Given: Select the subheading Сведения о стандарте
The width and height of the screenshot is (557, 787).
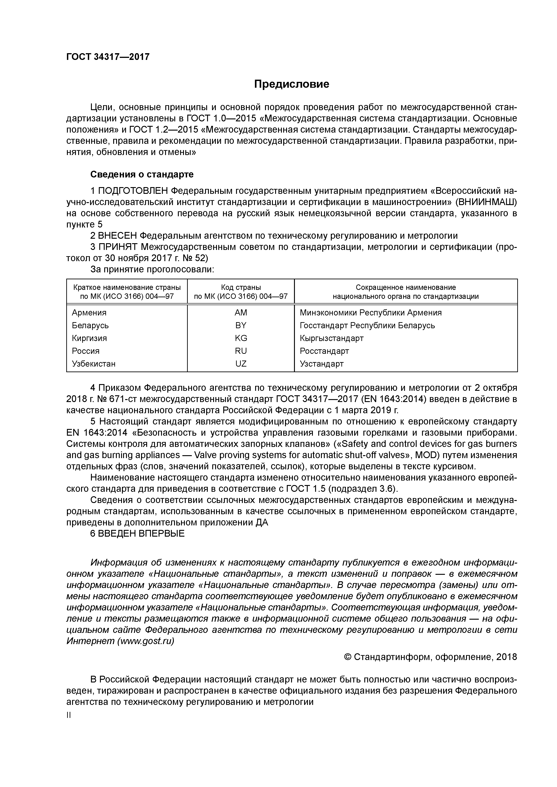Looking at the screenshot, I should pos(142,175).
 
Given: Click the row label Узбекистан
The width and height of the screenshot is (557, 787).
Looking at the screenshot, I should pos(94,364).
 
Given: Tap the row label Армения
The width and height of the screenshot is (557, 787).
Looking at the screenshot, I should pos(89,313).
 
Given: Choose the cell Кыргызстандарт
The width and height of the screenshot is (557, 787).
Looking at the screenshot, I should pos(331,338).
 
